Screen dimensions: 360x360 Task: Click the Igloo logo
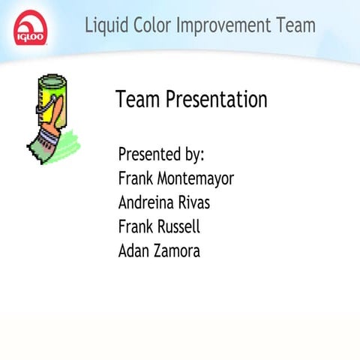(x=28, y=28)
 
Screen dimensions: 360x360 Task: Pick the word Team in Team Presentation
(x=138, y=100)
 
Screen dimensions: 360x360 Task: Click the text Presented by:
(x=161, y=154)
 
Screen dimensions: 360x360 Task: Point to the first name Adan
(x=133, y=250)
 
